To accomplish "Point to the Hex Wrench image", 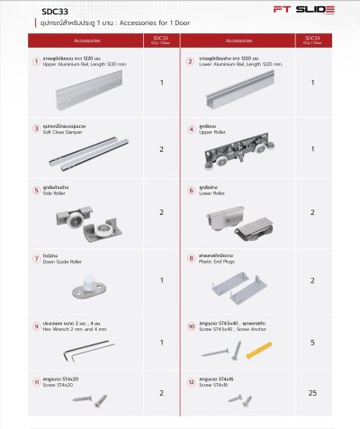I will pos(68,347).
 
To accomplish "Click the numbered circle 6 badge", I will pos(190,191).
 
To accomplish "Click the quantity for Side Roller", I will pos(161,212).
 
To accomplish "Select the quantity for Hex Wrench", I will pos(161,342).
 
